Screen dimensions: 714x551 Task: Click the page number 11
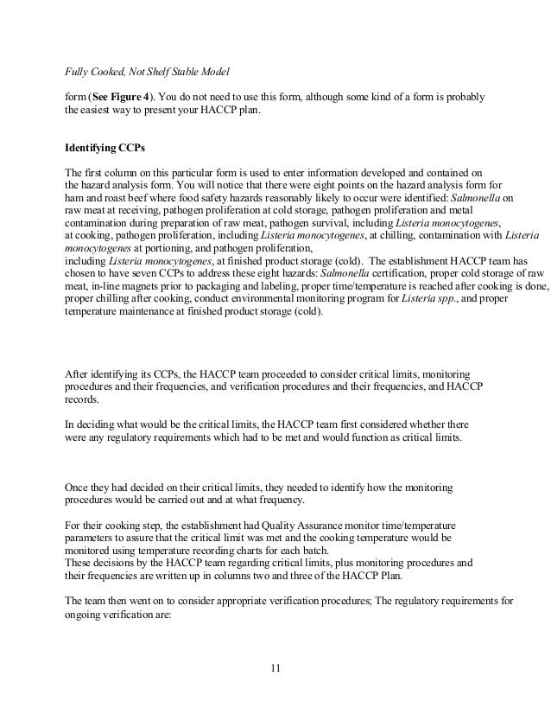275,667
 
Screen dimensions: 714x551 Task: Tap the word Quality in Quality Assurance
272,526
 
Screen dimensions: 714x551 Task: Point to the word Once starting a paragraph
79,489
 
